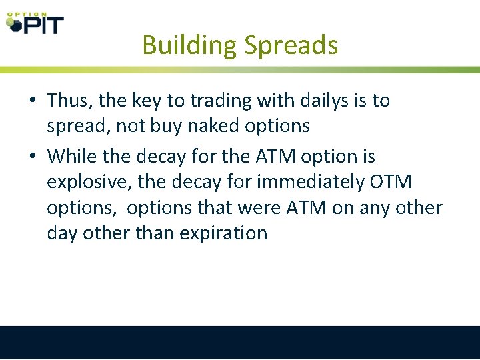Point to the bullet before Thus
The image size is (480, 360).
coord(33,101)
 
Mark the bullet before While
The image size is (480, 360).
coord(33,157)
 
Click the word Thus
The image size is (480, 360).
coord(69,101)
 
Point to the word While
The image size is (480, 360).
coord(72,157)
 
